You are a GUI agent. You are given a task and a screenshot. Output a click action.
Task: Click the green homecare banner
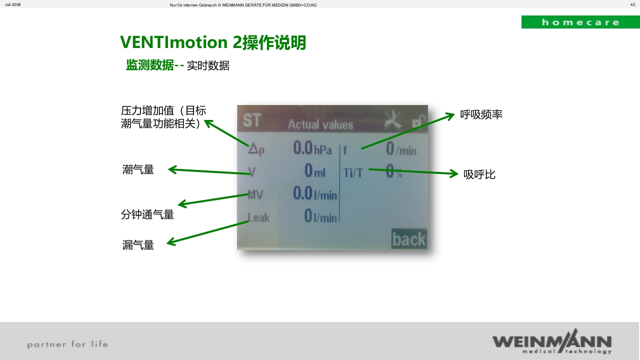point(580,22)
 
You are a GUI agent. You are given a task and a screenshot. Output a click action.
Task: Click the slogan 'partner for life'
point(67,344)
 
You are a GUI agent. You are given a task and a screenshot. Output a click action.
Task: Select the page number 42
point(632,4)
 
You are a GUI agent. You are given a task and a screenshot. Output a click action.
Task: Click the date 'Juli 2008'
point(13,4)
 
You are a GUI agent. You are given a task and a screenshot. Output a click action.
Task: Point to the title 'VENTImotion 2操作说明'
point(213,42)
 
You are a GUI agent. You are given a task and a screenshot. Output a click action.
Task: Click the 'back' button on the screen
point(408,239)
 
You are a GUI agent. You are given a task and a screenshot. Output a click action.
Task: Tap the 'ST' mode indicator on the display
point(252,120)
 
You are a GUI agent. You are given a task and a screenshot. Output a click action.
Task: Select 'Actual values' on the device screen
point(320,125)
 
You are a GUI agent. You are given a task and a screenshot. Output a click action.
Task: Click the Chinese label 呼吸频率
point(481,114)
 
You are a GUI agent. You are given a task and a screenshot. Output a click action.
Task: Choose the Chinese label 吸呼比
point(479,174)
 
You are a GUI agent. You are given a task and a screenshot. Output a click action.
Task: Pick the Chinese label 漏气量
point(138,245)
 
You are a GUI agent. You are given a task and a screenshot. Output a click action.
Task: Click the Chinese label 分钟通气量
point(147,214)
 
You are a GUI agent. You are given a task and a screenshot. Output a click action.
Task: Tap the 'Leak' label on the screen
point(258,217)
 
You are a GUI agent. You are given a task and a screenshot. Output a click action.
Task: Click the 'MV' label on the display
point(255,194)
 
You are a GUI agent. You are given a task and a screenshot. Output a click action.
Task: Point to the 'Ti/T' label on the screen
point(353,172)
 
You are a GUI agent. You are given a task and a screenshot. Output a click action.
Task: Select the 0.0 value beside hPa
point(302,148)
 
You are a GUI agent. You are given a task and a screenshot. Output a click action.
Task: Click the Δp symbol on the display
point(256,149)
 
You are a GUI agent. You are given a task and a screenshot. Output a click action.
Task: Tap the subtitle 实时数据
point(208,65)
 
